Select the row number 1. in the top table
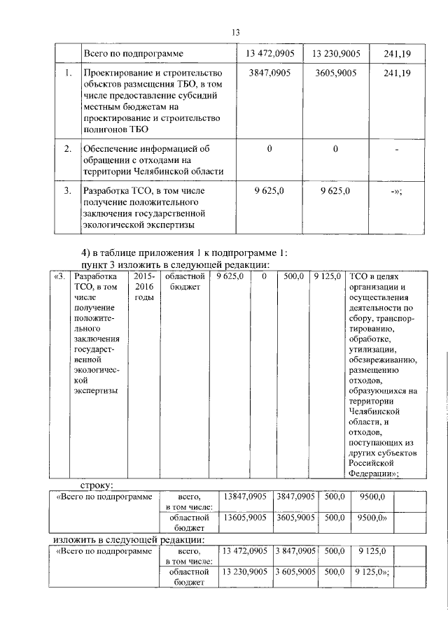click(67, 72)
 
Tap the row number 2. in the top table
click(67, 149)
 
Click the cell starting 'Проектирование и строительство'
click(153, 101)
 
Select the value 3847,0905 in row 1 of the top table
click(269, 72)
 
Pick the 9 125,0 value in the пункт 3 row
click(327, 277)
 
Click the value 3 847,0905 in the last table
click(297, 551)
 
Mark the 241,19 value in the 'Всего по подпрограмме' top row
click(398, 53)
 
